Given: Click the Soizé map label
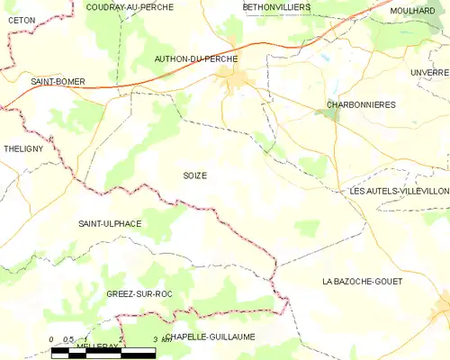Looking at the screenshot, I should (194, 175).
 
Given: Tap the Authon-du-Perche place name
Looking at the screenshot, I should (195, 58).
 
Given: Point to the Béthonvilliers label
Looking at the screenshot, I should (276, 6).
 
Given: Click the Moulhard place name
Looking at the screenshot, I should (414, 10).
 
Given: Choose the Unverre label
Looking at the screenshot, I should (428, 72).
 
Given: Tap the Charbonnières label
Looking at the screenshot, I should (361, 105).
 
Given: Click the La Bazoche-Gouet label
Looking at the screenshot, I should (362, 282).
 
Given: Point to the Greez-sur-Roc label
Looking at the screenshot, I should (139, 294).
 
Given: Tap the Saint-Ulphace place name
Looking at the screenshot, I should (109, 223).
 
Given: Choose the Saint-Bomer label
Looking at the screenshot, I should (58, 82).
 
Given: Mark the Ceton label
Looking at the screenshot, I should (21, 19).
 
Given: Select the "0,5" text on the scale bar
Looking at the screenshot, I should (68, 338).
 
